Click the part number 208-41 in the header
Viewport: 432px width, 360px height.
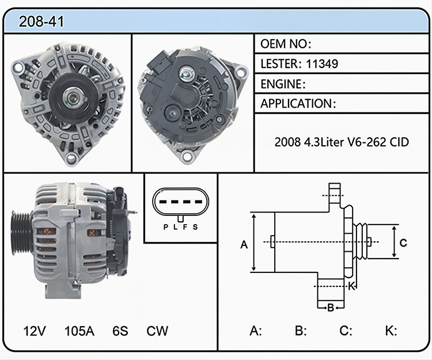(x=41, y=21)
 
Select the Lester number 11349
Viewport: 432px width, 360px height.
(x=322, y=63)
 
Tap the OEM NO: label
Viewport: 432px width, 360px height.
(x=286, y=44)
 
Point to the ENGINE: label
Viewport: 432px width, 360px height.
(x=283, y=84)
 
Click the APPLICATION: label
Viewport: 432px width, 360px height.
(x=298, y=104)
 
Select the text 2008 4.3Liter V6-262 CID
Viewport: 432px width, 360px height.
(x=342, y=142)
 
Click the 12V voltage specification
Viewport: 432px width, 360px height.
(x=35, y=331)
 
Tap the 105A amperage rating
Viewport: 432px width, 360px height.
(x=79, y=331)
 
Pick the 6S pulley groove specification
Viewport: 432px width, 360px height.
(x=120, y=331)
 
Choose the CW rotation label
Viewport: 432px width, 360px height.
(x=157, y=331)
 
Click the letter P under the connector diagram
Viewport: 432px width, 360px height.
(x=165, y=227)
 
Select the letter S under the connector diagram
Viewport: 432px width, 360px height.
(x=195, y=227)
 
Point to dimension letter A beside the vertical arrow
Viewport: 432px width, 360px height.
(x=244, y=244)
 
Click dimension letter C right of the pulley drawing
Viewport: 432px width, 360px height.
(x=403, y=242)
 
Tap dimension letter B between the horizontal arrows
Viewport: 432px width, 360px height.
(x=331, y=308)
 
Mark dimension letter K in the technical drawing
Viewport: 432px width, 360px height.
(x=351, y=286)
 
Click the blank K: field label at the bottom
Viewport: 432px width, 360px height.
(x=391, y=331)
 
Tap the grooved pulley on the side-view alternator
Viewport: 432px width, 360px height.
(x=21, y=233)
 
